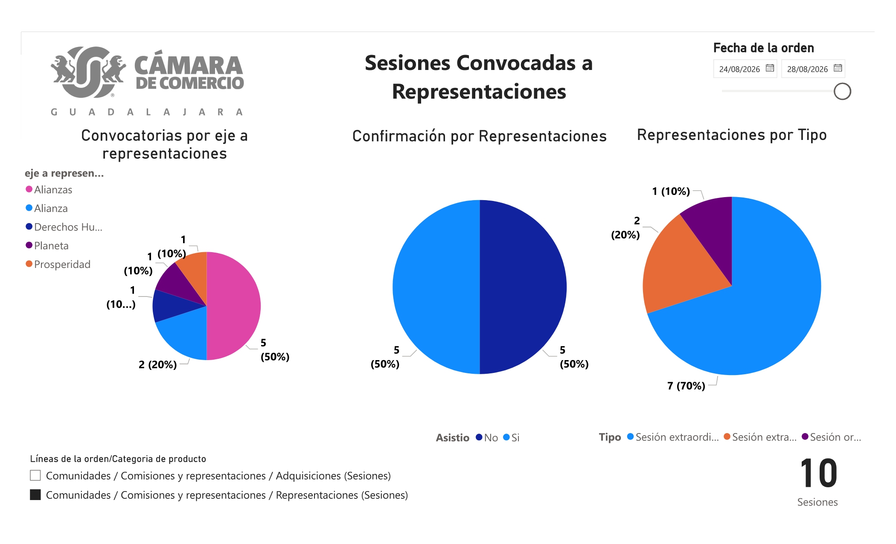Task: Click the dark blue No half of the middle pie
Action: tap(523, 287)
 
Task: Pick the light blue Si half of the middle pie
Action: tap(436, 287)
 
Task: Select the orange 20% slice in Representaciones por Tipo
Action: tap(678, 269)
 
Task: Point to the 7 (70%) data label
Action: tap(686, 386)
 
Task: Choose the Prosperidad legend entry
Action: tap(58, 265)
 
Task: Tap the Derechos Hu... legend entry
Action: tap(64, 227)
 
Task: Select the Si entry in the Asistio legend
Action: tap(511, 437)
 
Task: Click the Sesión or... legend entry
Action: tap(832, 437)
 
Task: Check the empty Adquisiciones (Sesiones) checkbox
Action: tap(35, 475)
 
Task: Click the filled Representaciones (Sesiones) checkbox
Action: tap(35, 495)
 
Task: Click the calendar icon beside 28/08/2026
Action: tap(838, 68)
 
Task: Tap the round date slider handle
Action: tap(842, 91)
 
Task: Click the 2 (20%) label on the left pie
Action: tap(157, 365)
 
